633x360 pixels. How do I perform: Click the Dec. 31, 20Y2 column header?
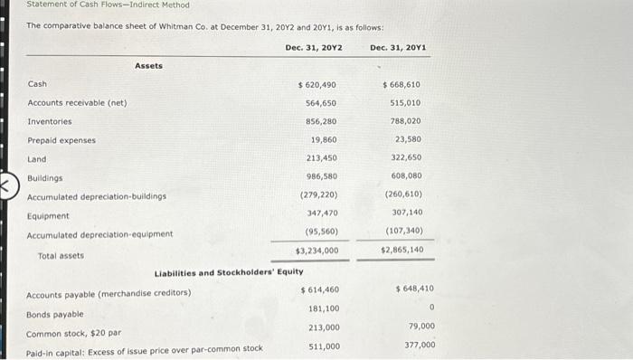pos(313,47)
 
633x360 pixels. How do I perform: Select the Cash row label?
pos(37,84)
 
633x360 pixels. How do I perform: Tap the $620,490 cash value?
pos(317,84)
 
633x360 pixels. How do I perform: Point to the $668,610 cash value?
pos(402,84)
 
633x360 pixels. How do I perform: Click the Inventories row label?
pos(50,121)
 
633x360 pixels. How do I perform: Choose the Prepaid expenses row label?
pos(61,140)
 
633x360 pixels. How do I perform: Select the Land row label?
pos(37,159)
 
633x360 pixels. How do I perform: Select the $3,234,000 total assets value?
pos(316,251)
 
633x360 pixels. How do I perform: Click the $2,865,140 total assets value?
pos(402,250)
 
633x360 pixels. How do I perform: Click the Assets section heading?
pos(149,65)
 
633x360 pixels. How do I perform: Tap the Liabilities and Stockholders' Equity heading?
pos(229,272)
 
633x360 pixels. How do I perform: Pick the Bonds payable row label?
pos(54,314)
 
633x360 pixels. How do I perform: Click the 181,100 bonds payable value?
pos(324,309)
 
